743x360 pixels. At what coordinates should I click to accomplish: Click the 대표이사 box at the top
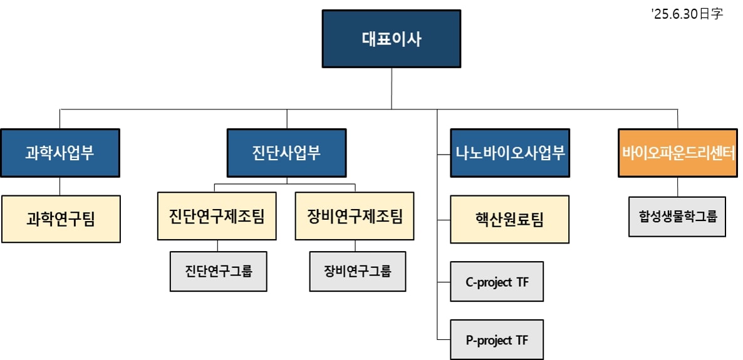point(392,39)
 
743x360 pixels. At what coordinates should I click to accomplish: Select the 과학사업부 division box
point(60,153)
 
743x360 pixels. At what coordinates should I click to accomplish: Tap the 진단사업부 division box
point(286,153)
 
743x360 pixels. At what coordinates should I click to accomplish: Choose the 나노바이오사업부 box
point(510,153)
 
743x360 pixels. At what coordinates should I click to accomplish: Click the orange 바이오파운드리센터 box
point(677,153)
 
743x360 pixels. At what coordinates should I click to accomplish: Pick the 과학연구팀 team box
point(61,219)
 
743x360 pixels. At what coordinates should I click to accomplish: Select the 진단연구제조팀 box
point(217,216)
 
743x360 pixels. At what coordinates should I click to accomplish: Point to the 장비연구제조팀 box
point(355,216)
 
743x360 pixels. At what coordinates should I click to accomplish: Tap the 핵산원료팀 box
point(510,219)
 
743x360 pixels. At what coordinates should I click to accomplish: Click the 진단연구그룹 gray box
point(218,271)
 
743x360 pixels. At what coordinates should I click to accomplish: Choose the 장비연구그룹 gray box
point(357,271)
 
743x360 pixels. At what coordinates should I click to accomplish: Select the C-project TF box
point(497,282)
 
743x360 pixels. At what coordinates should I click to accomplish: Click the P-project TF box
point(497,340)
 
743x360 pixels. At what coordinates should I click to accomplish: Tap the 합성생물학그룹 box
point(677,217)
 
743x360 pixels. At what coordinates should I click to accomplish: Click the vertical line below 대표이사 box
point(392,88)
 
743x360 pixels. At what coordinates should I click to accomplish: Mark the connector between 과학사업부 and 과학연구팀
point(60,186)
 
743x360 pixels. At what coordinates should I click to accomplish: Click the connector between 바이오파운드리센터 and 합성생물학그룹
point(677,187)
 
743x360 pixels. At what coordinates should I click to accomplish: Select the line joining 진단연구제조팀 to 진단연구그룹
point(217,245)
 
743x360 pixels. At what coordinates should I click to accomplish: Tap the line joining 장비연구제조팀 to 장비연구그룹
point(355,245)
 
